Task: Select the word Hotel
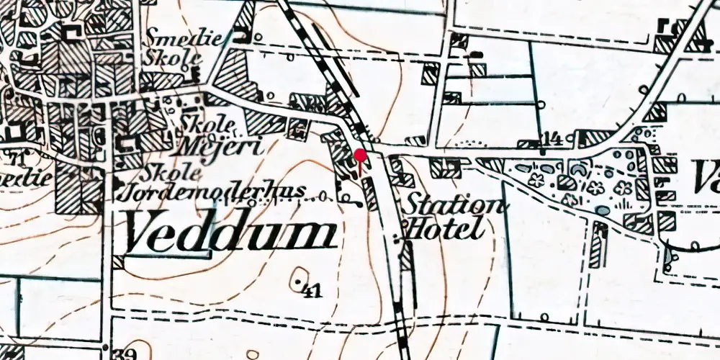442,229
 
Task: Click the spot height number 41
311,291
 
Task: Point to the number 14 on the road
552,138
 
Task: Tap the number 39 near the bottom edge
125,353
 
